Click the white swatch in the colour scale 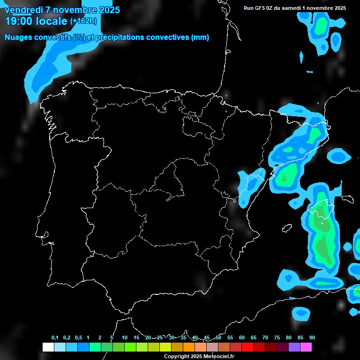[x=48, y=347]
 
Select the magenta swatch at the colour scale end [x=306, y=347]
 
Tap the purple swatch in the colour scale [x=294, y=347]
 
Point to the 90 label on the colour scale [x=312, y=337]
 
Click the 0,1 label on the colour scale [x=55, y=337]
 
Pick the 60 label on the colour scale [x=242, y=337]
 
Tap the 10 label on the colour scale [x=125, y=337]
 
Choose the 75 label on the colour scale [x=277, y=337]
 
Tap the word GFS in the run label [x=259, y=8]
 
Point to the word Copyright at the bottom [x=176, y=356]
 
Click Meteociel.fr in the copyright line [x=218, y=356]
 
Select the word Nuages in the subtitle [x=18, y=37]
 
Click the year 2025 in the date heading [x=107, y=10]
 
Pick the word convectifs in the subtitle [x=52, y=37]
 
